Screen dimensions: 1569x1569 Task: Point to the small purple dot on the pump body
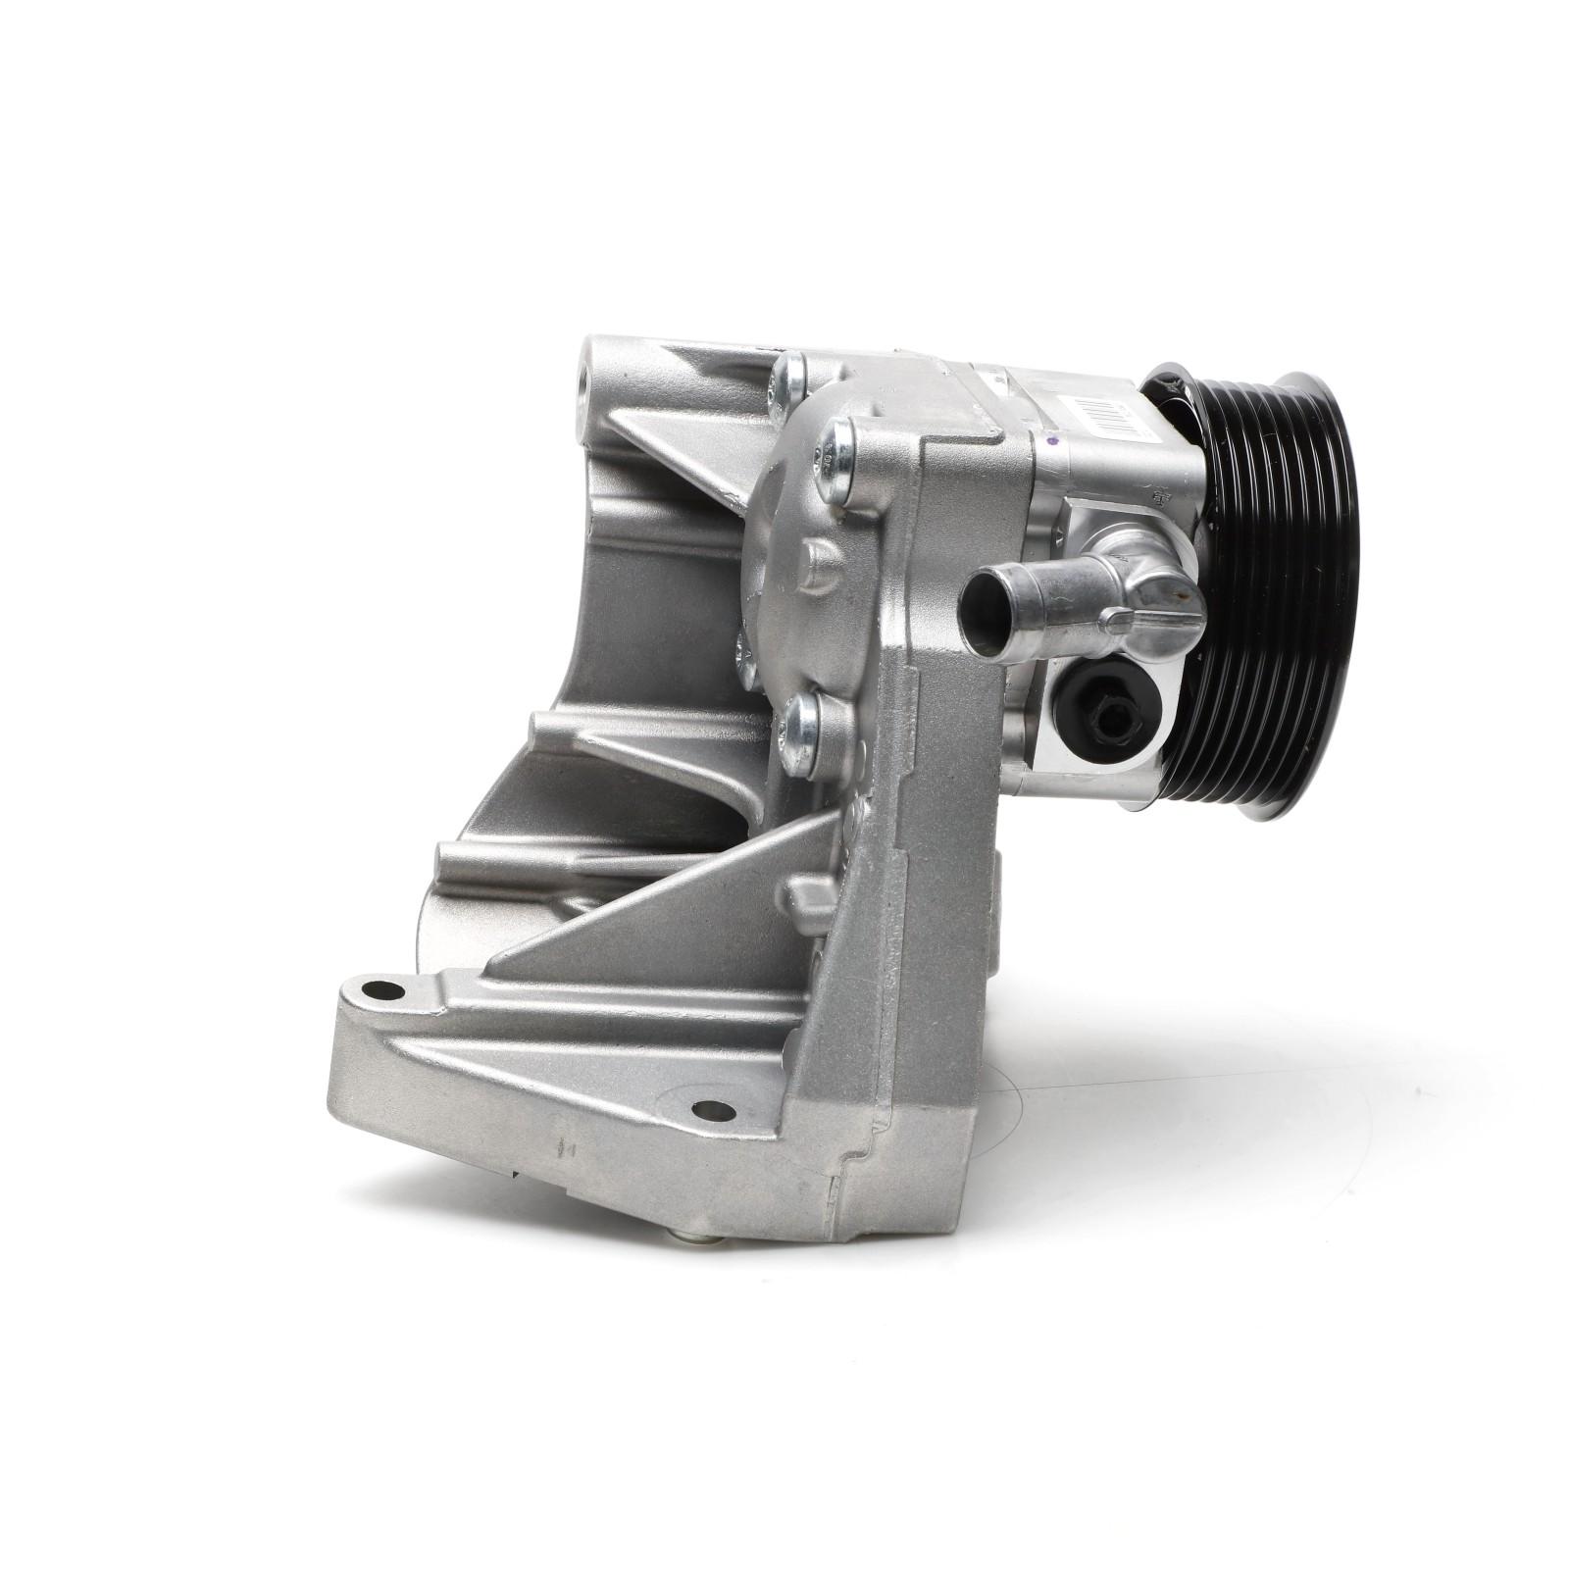(x=1051, y=443)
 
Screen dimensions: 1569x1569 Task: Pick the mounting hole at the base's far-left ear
(x=382, y=990)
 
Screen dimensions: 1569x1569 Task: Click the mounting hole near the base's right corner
(x=713, y=1110)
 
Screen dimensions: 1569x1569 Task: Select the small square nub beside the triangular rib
(x=804, y=897)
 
